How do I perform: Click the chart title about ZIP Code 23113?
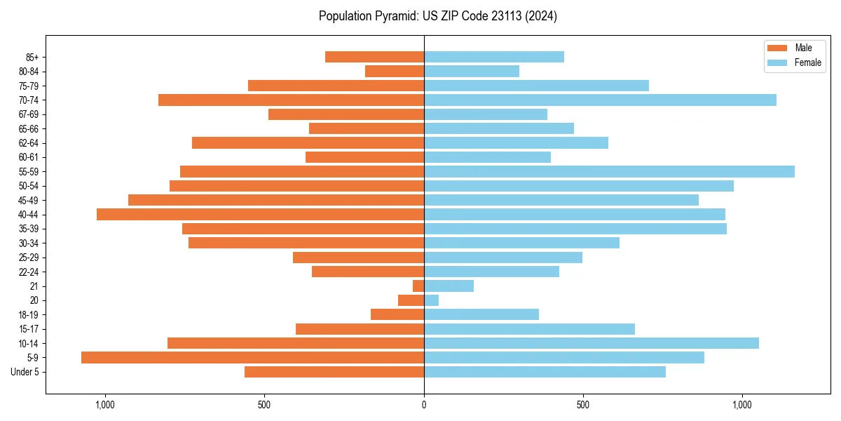pos(437,16)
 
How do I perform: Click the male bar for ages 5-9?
pos(252,358)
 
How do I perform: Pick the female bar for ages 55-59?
pos(609,172)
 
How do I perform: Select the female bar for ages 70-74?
pos(600,100)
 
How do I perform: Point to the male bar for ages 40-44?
pos(260,215)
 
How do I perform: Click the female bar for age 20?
pos(432,300)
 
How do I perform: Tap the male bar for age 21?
pos(418,286)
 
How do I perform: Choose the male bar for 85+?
pos(374,58)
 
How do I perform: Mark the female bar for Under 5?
pos(545,372)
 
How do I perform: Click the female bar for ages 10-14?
pos(591,343)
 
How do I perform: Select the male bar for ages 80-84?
pos(395,72)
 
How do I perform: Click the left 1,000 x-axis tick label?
pos(105,405)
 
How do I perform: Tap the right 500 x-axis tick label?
pos(582,405)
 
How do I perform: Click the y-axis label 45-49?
pos(29,201)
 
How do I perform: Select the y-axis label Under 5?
pos(25,372)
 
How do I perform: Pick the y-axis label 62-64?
pos(29,143)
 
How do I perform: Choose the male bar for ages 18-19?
pos(397,315)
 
